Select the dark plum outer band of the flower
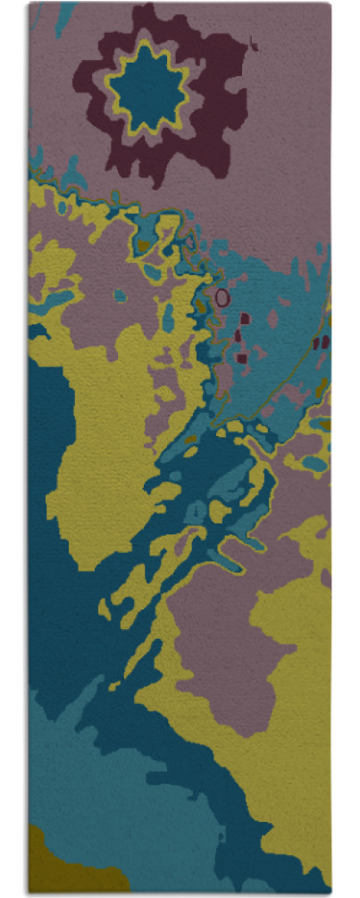214,89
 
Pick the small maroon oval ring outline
222,296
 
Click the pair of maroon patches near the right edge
321,341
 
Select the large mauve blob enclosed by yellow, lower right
223,643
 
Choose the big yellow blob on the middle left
98,447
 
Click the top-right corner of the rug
329,4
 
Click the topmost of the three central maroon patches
245,316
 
